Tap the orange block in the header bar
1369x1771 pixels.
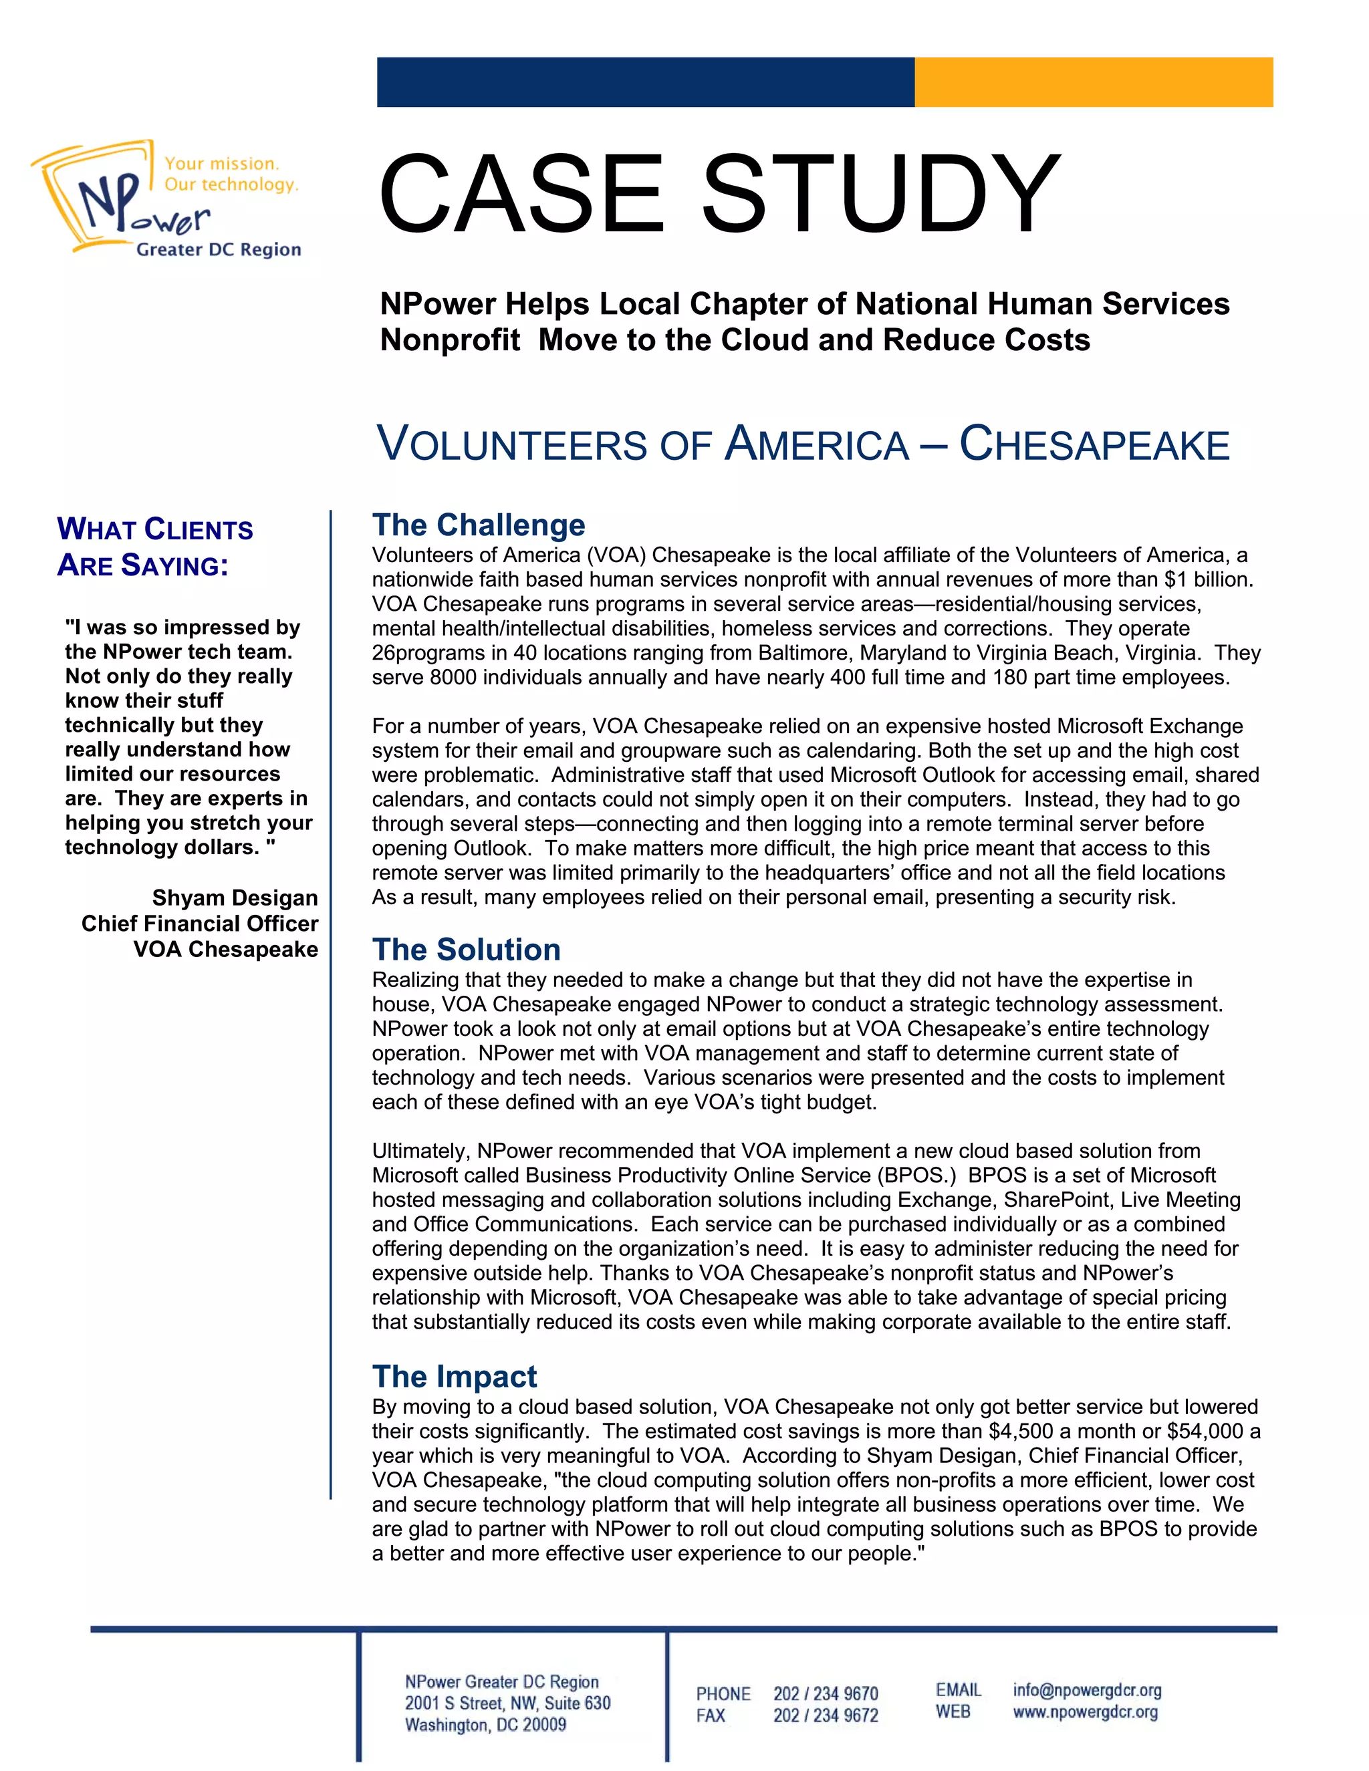[1093, 82]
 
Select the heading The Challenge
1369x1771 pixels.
[479, 525]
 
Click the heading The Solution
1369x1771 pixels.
[467, 950]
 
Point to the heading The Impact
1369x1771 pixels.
[454, 1376]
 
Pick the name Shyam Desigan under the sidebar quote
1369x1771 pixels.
[235, 898]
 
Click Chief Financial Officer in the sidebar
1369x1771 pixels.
[199, 924]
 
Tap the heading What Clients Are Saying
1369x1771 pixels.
[154, 547]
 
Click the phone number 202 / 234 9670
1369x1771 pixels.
[825, 1694]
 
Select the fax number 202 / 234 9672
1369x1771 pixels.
[825, 1716]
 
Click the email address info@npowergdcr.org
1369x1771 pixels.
[1087, 1690]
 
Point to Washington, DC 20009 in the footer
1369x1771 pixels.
[485, 1725]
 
